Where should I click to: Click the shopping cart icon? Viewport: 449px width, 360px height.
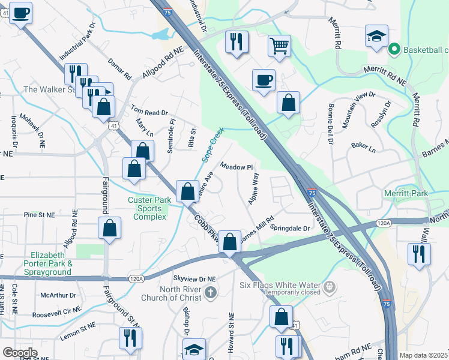280,45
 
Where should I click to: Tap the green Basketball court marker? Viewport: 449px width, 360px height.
394,49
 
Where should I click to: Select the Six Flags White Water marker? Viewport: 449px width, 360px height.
328,287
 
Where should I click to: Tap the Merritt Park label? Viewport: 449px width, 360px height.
406,194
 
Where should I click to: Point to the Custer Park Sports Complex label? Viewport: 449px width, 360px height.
146,208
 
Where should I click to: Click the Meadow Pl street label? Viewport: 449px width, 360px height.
238,166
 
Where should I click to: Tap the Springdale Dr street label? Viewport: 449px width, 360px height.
289,228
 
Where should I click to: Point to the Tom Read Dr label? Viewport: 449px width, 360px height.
149,112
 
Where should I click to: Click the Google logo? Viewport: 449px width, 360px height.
19,353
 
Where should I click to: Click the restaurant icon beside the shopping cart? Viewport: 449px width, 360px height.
236,43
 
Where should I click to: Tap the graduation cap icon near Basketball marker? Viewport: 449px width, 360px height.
376,37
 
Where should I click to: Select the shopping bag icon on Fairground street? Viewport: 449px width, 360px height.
110,229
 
